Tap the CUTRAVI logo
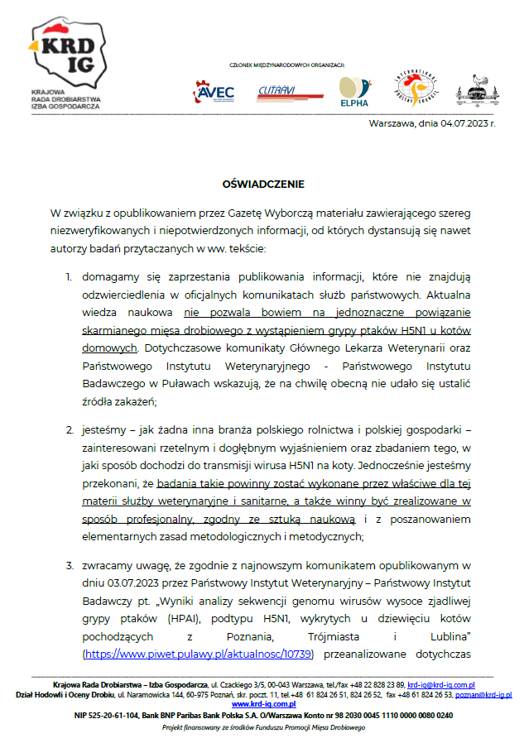pos(278,89)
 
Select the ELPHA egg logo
pos(353,91)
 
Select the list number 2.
pos(70,430)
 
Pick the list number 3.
pos(70,565)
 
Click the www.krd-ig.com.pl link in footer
pos(262,703)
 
